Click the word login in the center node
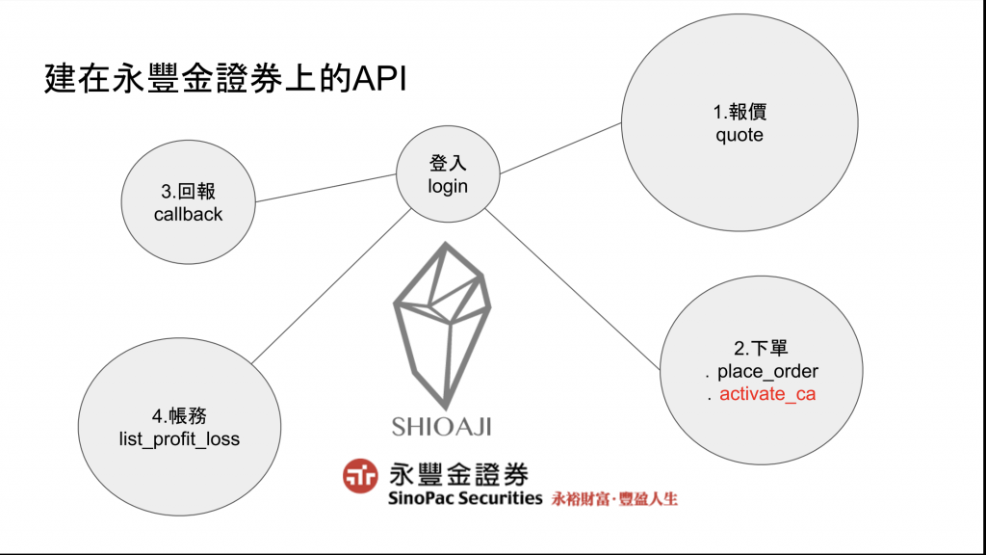[448, 186]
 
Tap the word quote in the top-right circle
[739, 135]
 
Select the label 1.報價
[739, 113]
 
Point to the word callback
[188, 214]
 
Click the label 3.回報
[188, 192]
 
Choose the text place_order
[767, 371]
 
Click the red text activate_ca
[767, 393]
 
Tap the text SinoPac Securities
[465, 499]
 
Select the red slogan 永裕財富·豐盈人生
[614, 500]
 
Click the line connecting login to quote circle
[560, 148]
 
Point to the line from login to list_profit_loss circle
[327, 289]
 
